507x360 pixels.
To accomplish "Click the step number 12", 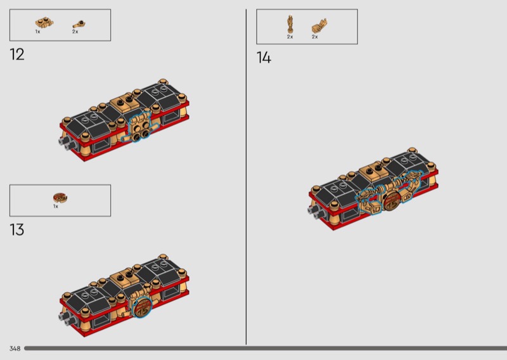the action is (x=17, y=55).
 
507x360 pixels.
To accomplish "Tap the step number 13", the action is (x=17, y=229).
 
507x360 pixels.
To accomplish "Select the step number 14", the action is (x=264, y=58).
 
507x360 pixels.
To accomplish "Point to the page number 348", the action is (x=15, y=349).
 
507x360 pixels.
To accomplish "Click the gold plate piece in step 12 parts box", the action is (x=44, y=23).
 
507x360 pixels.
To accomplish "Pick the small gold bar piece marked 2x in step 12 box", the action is (x=79, y=25).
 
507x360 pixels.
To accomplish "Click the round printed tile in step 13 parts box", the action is (x=60, y=198).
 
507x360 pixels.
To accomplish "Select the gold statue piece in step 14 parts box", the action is (x=290, y=24).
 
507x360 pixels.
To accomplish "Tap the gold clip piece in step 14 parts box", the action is (x=319, y=26).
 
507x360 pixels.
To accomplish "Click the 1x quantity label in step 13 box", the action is (x=56, y=207).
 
